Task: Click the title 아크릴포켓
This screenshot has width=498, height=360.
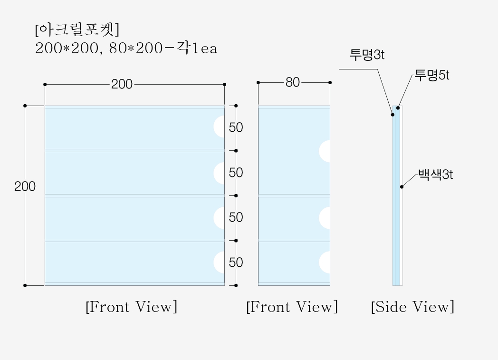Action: pyautogui.click(x=77, y=29)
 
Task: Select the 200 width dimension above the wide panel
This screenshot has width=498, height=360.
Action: pyautogui.click(x=122, y=84)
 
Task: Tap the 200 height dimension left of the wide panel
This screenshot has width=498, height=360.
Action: pyautogui.click(x=25, y=186)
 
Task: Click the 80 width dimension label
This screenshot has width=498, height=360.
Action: pyautogui.click(x=293, y=83)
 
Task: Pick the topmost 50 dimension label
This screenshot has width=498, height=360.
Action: pyautogui.click(x=236, y=127)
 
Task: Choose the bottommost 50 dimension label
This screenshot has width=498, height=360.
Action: pyautogui.click(x=236, y=263)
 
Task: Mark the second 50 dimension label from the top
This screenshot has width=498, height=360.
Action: pyautogui.click(x=236, y=173)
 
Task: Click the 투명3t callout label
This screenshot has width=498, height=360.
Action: pyautogui.click(x=367, y=55)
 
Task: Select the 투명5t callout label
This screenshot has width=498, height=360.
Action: pyautogui.click(x=432, y=75)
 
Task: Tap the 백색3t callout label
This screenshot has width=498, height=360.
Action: pyautogui.click(x=435, y=175)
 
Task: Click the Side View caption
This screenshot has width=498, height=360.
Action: pyautogui.click(x=412, y=307)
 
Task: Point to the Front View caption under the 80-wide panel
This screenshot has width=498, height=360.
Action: pyautogui.click(x=292, y=307)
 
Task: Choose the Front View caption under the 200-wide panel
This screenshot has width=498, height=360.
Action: pyautogui.click(x=132, y=307)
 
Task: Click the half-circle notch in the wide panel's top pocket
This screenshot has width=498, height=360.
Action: pyautogui.click(x=220, y=126)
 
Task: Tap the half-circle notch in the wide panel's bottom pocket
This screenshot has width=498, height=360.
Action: pyautogui.click(x=220, y=263)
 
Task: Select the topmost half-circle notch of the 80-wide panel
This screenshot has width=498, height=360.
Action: pyautogui.click(x=325, y=151)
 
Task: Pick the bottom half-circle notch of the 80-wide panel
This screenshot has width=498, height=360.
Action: pyautogui.click(x=325, y=263)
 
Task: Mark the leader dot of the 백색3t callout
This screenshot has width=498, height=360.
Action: pyautogui.click(x=402, y=187)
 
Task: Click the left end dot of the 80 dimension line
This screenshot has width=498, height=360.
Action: pyautogui.click(x=258, y=83)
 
